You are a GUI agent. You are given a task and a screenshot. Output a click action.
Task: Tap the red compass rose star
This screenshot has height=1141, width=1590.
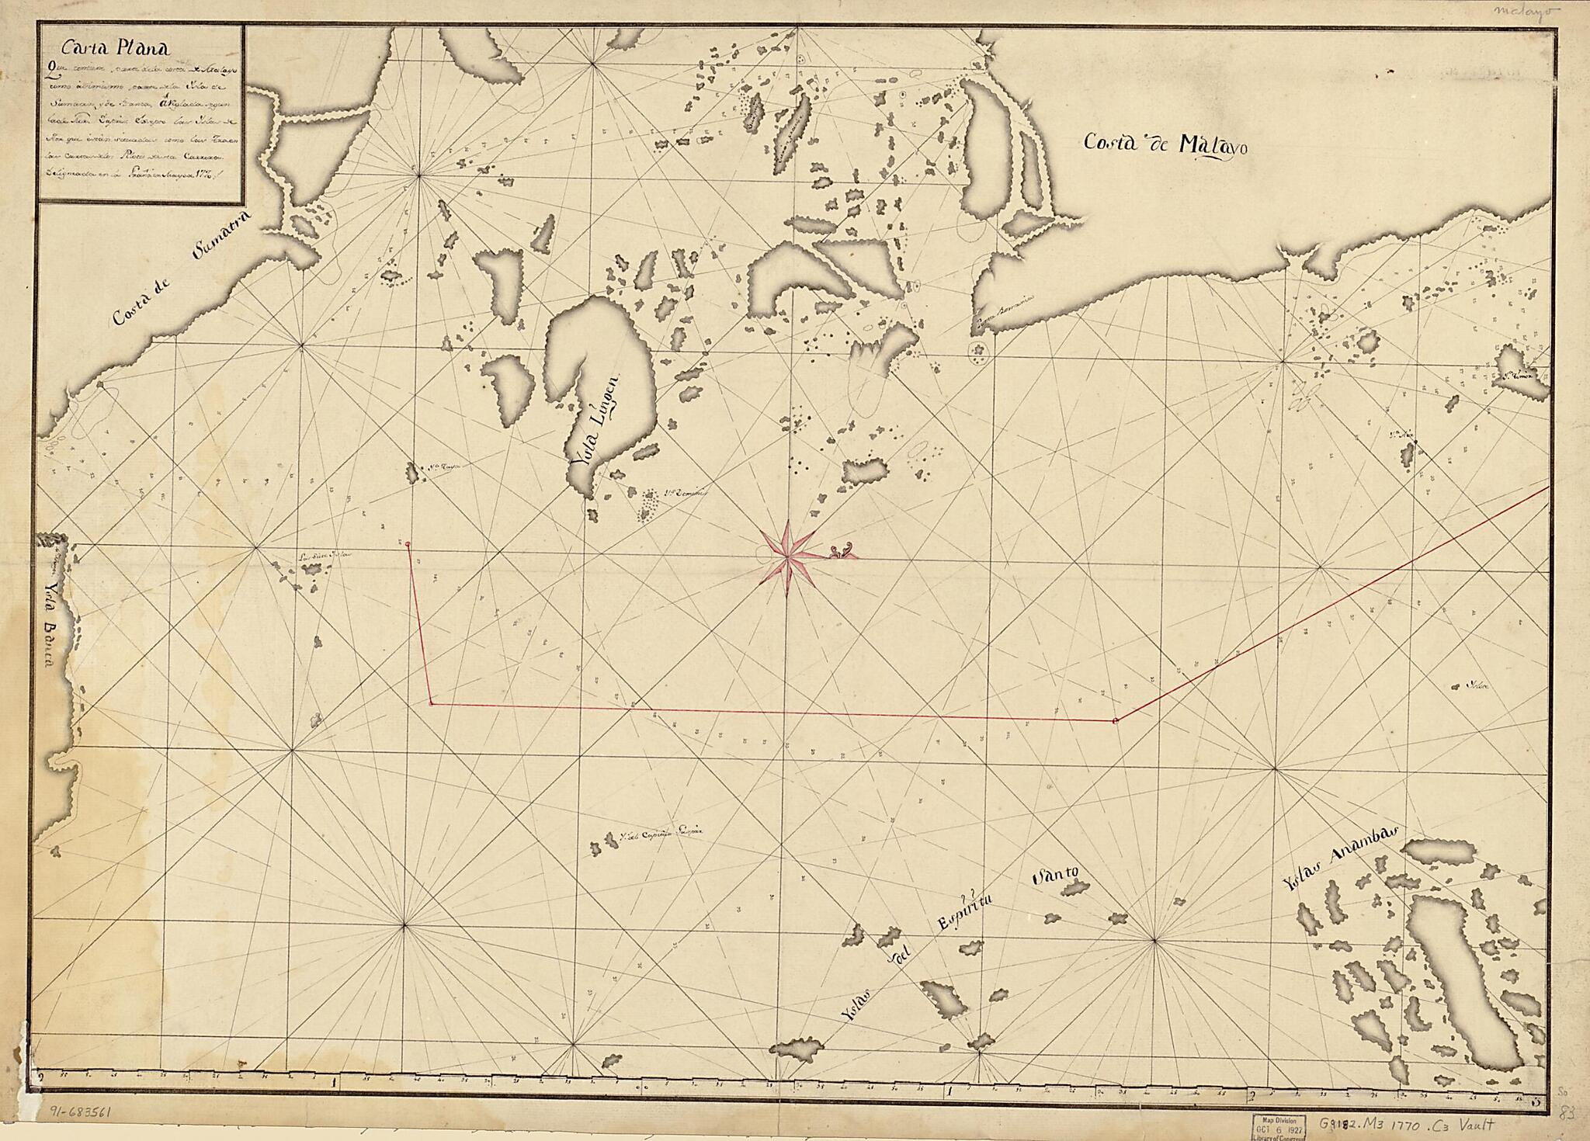pos(787,553)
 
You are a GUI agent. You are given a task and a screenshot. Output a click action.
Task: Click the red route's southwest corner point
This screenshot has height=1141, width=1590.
pos(431,704)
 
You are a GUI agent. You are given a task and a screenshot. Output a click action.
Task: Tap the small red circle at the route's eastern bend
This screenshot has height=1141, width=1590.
pos(1116,721)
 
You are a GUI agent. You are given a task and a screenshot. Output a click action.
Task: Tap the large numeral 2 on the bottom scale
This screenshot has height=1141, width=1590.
pos(1252,1096)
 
